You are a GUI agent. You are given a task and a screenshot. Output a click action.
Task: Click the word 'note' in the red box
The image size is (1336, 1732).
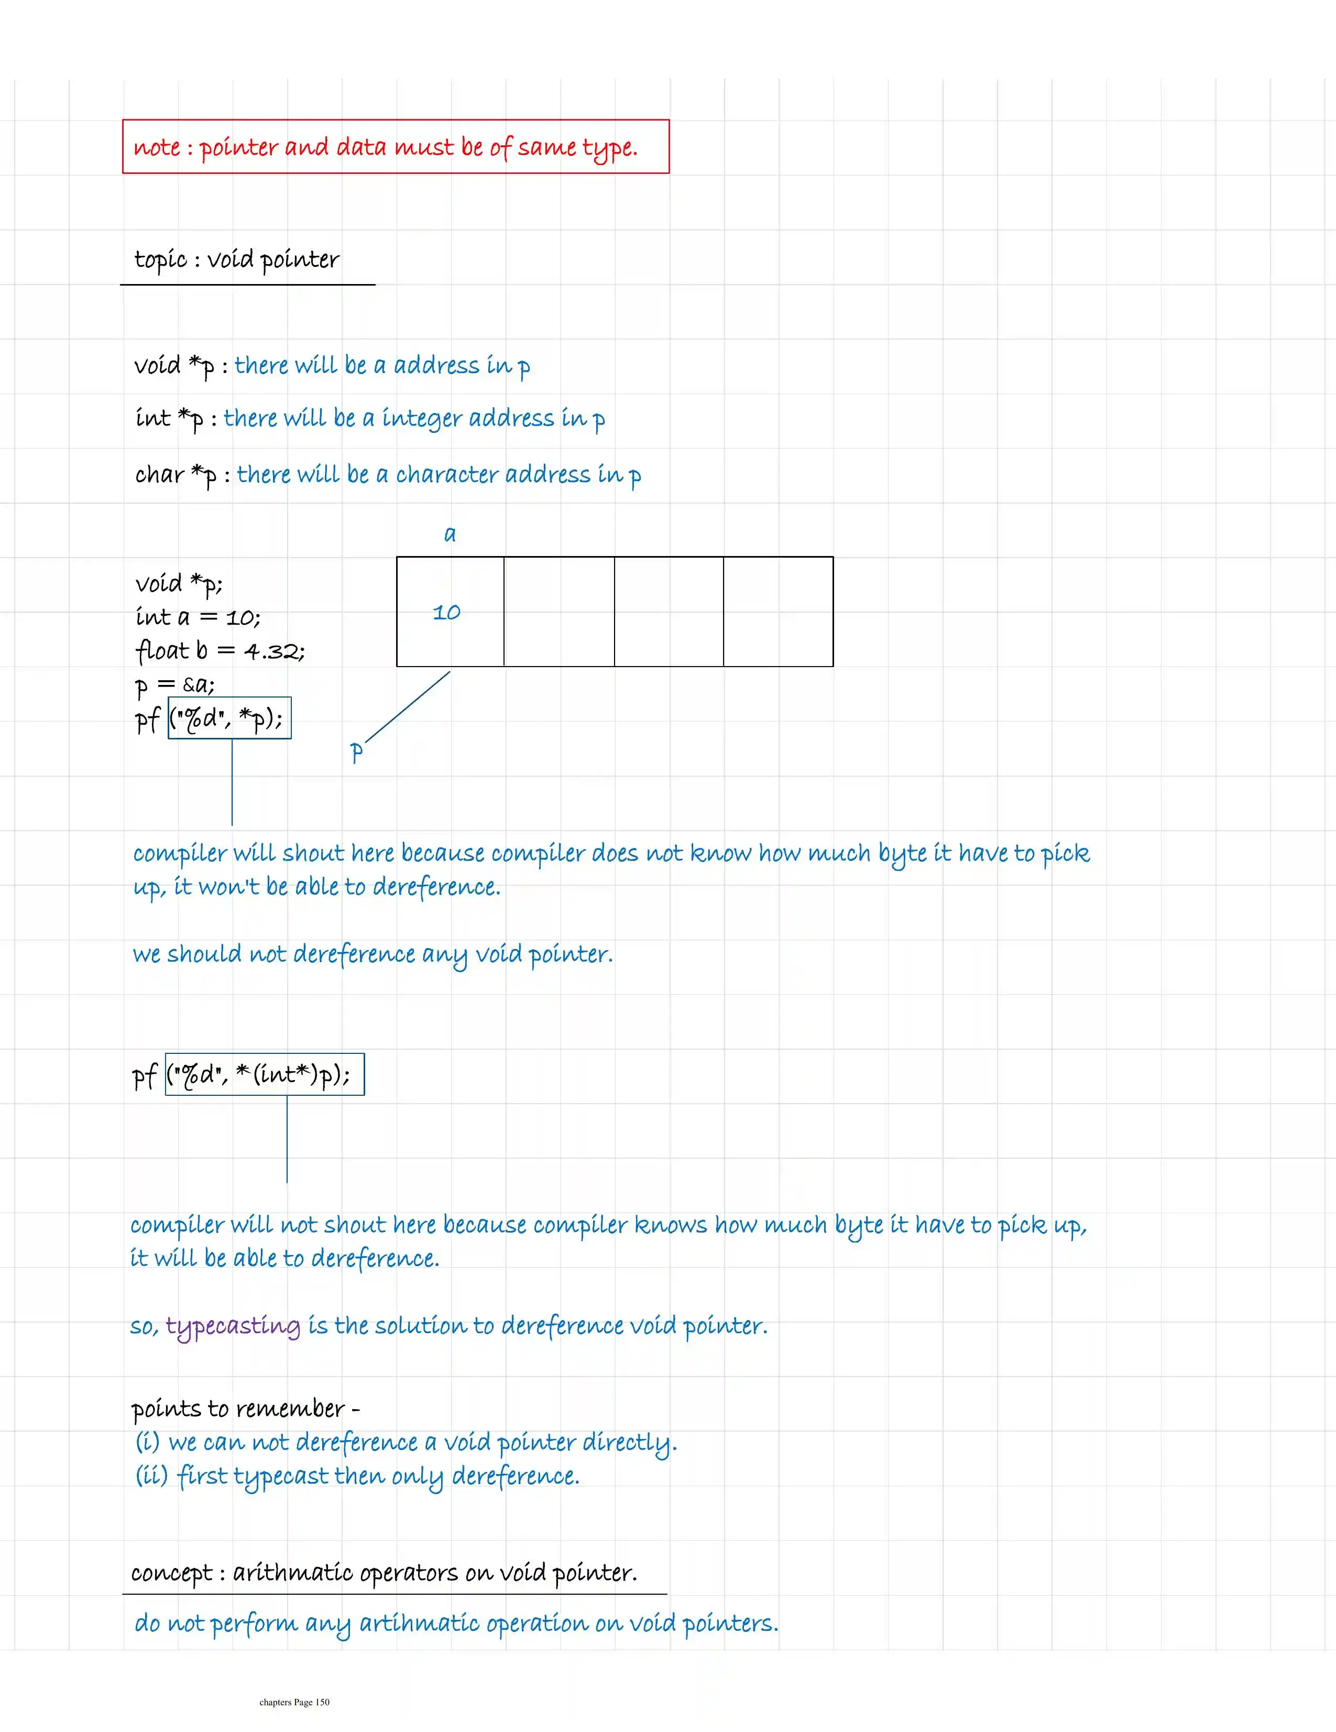click(156, 147)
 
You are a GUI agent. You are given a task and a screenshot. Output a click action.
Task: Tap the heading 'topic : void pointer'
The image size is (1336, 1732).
click(236, 259)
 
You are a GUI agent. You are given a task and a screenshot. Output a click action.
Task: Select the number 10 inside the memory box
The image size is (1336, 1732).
click(446, 612)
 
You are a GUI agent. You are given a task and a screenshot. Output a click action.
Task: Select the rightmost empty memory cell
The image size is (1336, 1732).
click(778, 612)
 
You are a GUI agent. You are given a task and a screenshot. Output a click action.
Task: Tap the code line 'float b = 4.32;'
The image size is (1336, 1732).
click(220, 651)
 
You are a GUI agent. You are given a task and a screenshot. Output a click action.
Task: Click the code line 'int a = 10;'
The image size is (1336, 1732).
click(198, 617)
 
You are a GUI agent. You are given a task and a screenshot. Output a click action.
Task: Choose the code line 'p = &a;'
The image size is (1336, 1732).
click(174, 684)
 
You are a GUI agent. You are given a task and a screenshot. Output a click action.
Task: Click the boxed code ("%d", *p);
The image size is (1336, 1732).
click(229, 718)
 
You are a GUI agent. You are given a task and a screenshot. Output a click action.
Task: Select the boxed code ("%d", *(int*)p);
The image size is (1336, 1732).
click(265, 1074)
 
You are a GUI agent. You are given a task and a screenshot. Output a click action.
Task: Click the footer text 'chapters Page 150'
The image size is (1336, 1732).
click(294, 1702)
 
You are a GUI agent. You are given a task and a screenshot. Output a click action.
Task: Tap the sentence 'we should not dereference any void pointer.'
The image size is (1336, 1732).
click(373, 954)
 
